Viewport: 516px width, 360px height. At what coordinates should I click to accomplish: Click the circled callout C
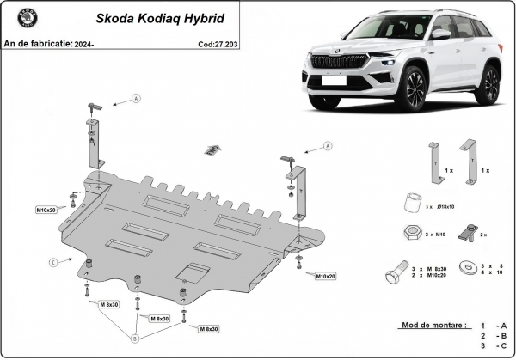[x=53, y=261]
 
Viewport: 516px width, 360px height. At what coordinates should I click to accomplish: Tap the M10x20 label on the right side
[x=323, y=276]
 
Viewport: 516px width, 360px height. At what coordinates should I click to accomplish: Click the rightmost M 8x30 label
[x=207, y=328]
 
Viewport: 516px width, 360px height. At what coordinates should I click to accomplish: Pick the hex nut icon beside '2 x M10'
[x=411, y=233]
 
